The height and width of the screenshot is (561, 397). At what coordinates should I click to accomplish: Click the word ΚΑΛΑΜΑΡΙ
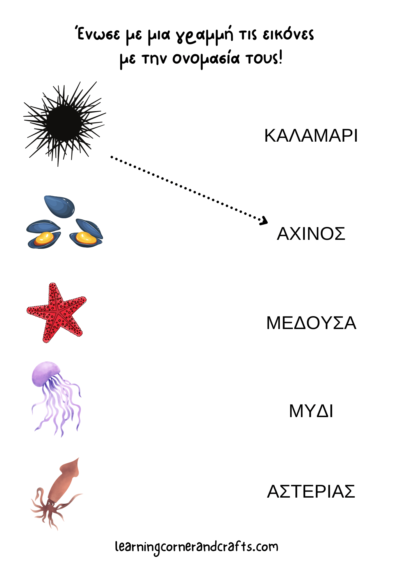[311, 136]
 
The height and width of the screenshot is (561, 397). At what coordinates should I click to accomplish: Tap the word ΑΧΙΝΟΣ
[311, 234]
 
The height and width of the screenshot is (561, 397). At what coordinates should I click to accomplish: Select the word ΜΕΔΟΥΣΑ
[311, 323]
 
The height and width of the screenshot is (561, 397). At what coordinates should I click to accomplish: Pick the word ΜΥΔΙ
[311, 411]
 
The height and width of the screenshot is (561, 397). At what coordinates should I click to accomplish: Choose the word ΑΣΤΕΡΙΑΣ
[311, 491]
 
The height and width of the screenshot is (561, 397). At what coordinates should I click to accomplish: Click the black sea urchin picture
[64, 124]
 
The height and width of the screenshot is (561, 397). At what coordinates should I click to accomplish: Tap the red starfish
[56, 313]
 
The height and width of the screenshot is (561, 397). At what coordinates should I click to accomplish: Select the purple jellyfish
[56, 398]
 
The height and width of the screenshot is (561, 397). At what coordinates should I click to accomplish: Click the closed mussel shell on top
[60, 207]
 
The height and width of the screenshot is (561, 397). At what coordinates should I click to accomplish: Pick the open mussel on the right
[86, 233]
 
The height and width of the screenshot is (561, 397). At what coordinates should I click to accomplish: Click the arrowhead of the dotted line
[264, 221]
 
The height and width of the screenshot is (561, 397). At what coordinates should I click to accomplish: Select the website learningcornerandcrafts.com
[197, 547]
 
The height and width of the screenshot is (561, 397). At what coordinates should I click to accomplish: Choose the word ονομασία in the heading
[206, 59]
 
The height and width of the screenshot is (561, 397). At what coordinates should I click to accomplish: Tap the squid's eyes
[51, 504]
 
